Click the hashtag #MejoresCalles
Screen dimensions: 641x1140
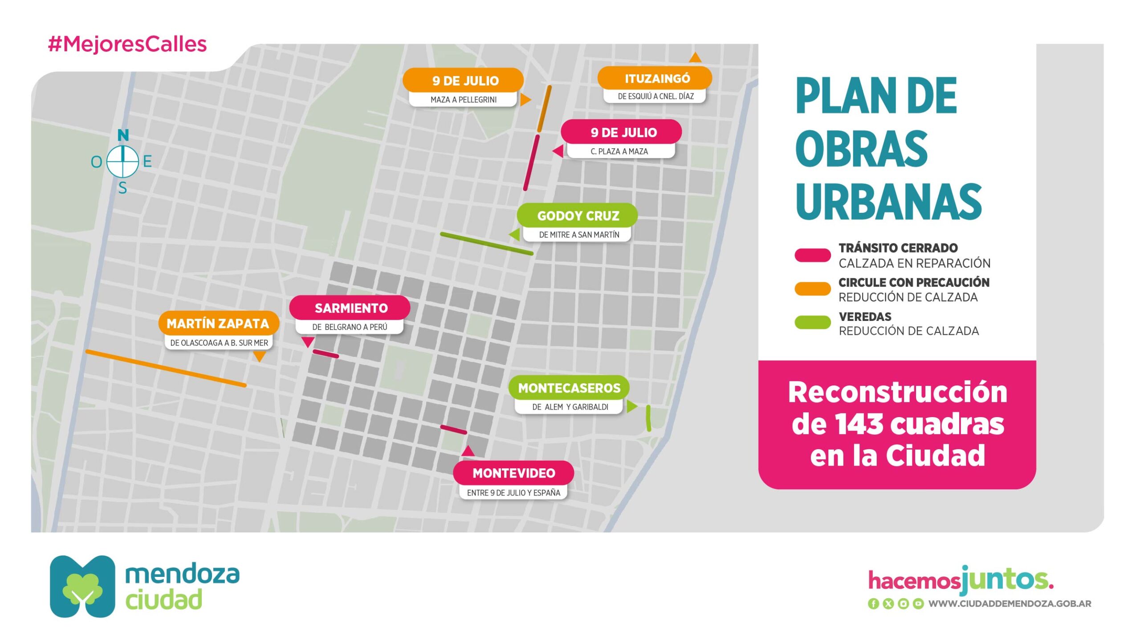pos(127,44)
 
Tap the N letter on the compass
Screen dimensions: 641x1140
pos(123,135)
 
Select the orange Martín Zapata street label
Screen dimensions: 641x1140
pos(218,323)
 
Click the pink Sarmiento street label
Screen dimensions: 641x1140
pos(350,308)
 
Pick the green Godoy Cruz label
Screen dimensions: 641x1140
pos(578,216)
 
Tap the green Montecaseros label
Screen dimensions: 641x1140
pos(569,388)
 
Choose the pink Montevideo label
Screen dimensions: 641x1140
pos(513,473)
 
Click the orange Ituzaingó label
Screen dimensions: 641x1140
pos(656,79)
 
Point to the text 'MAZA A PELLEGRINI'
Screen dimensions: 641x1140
pos(463,100)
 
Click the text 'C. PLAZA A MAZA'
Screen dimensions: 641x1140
pos(619,151)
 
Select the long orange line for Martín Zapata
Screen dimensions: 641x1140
pos(166,368)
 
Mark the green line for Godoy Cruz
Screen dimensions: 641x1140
pos(486,243)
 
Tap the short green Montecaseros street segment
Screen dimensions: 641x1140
pos(648,418)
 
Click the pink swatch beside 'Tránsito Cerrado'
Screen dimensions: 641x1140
pos(812,255)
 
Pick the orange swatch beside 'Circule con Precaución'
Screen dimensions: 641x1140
pos(812,289)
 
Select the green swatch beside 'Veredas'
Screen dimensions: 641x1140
pos(812,322)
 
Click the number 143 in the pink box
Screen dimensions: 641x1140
pos(859,424)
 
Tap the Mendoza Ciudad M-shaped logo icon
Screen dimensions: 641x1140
pos(82,586)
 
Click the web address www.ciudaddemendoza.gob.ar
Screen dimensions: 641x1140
pos(1010,604)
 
